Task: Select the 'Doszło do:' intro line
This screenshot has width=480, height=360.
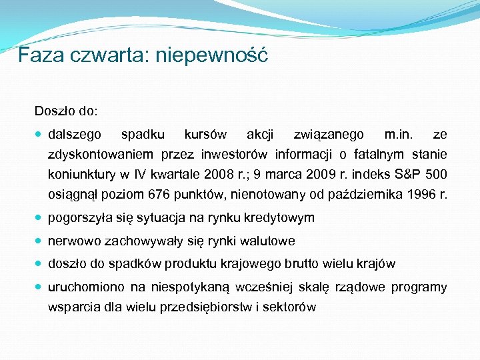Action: (66, 108)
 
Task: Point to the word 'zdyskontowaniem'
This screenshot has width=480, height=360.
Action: (100, 155)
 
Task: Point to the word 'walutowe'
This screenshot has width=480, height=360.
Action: (270, 241)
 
